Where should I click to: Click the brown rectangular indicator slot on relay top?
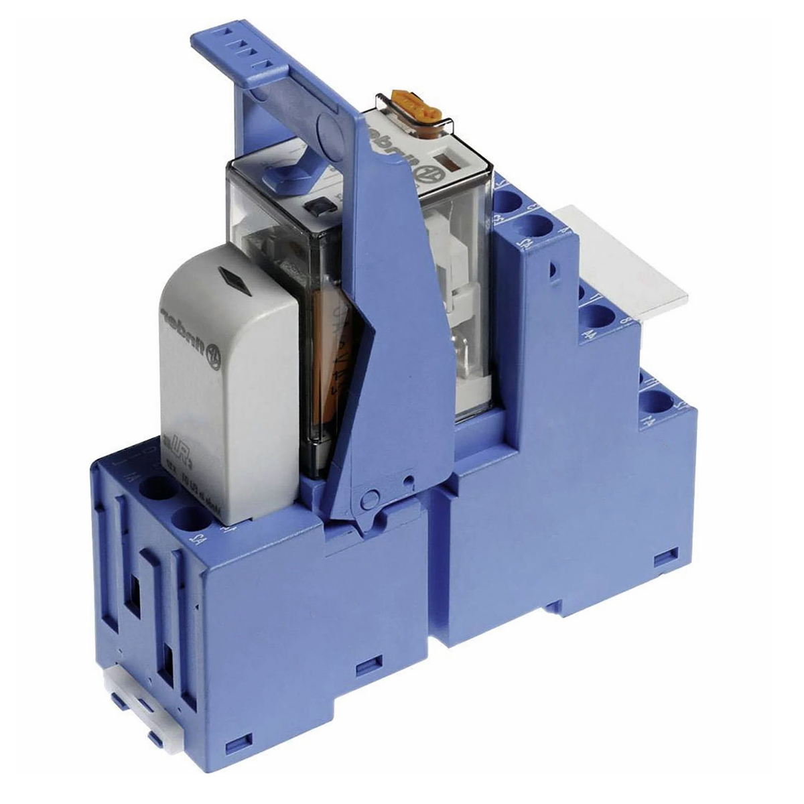[x=444, y=163]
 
